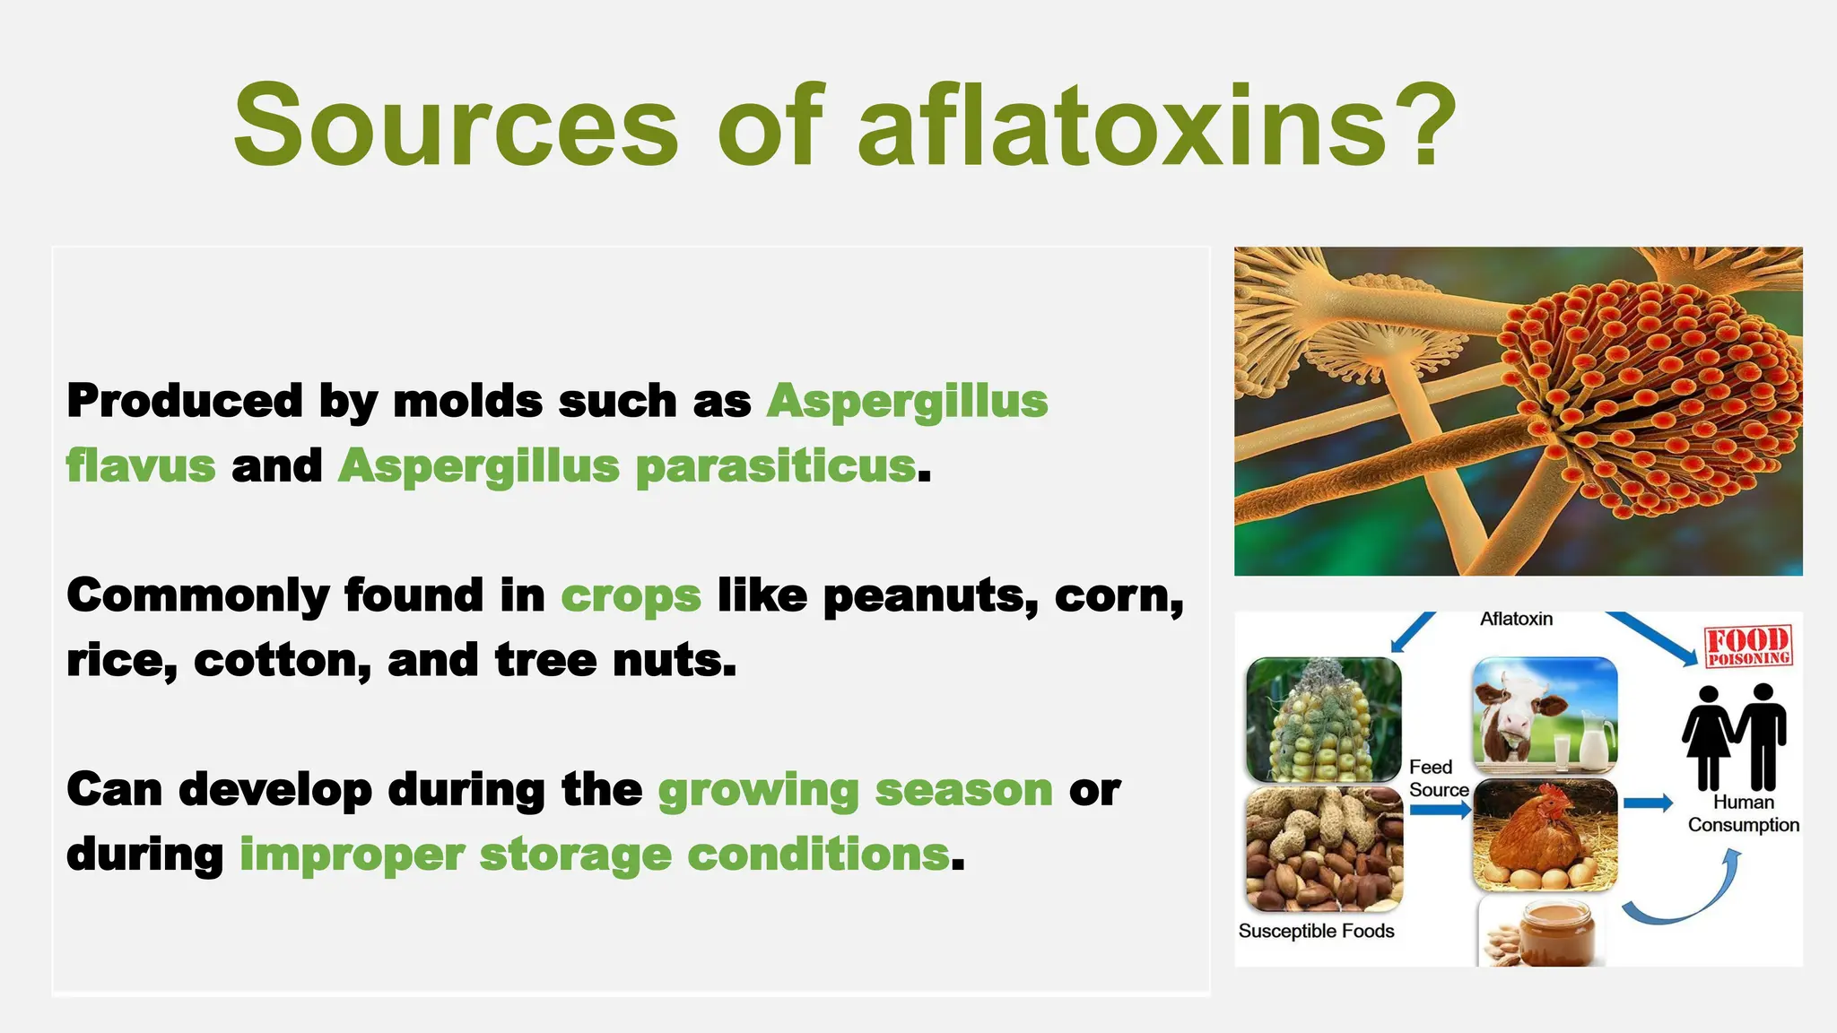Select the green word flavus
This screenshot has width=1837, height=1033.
click(141, 466)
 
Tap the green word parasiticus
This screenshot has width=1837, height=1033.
click(776, 466)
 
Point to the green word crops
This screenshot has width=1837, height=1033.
click(631, 596)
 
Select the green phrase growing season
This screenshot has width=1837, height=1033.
click(855, 790)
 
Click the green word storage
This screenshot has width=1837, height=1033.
click(575, 855)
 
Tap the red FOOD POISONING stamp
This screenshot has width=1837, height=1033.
click(1747, 647)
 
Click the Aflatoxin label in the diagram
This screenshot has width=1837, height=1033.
click(1516, 619)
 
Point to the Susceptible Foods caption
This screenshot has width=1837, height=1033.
click(1316, 931)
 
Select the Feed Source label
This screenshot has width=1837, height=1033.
click(1437, 778)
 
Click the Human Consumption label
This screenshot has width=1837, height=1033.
click(1743, 813)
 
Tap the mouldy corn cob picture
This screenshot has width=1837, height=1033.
click(1323, 720)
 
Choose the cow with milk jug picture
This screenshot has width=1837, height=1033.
click(1545, 715)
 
